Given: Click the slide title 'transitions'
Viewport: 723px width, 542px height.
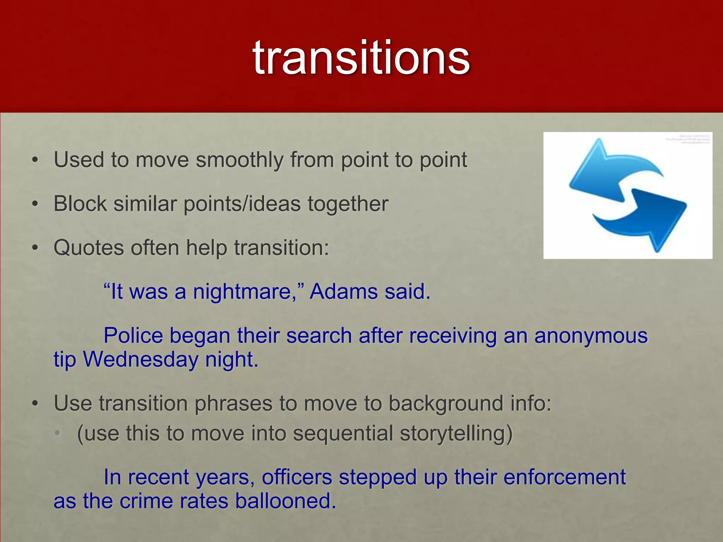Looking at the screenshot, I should pyautogui.click(x=361, y=58).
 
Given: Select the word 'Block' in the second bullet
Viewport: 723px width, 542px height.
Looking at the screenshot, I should pyautogui.click(x=80, y=204).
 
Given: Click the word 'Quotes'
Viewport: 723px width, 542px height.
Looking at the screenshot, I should pyautogui.click(x=89, y=248).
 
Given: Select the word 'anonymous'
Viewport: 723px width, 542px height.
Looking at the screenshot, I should pyautogui.click(x=591, y=336).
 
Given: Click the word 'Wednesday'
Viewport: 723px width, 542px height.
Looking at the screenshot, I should pyautogui.click(x=141, y=360).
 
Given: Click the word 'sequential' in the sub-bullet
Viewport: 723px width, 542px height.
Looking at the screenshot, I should pyautogui.click(x=343, y=433).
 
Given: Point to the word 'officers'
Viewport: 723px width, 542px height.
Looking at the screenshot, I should pyautogui.click(x=297, y=477).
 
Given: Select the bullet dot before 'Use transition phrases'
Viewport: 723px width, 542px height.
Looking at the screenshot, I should pyautogui.click(x=35, y=404).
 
